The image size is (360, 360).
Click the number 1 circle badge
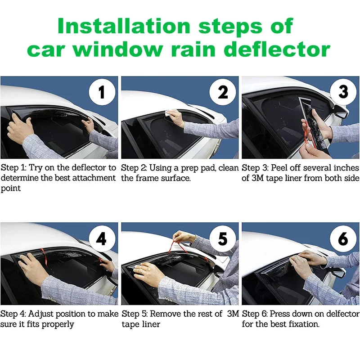click(x=102, y=92)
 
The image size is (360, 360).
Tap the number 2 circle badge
click(x=222, y=92)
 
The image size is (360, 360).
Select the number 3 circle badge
click(x=343, y=91)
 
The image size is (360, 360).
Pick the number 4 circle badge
click(x=102, y=238)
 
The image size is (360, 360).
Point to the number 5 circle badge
click(x=222, y=238)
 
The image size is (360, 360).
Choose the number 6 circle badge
click(x=343, y=238)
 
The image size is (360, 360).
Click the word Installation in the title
click(x=124, y=26)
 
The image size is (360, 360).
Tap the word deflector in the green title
click(x=278, y=49)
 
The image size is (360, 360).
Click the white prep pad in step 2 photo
click(x=168, y=113)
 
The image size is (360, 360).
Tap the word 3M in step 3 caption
click(x=257, y=178)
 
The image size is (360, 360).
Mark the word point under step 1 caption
click(x=10, y=189)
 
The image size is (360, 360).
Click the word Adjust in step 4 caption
click(x=40, y=314)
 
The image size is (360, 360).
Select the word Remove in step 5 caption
click(x=164, y=314)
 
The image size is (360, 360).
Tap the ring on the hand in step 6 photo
click(x=297, y=259)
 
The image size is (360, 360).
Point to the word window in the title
click(x=118, y=49)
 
